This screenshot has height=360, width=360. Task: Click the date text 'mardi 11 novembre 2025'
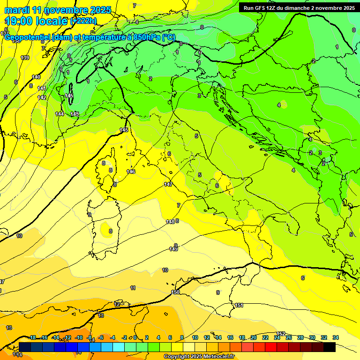(58, 10)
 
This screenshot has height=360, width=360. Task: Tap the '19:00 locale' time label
(37, 21)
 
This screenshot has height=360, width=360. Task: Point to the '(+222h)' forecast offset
(83, 21)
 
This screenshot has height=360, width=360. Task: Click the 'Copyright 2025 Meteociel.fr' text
(199, 356)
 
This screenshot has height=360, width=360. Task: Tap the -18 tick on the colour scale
(32, 337)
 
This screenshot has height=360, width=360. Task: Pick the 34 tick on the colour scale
(335, 337)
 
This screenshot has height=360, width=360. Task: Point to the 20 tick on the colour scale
(254, 337)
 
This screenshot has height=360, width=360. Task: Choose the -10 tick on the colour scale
(79, 337)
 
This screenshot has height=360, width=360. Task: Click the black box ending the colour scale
(330, 347)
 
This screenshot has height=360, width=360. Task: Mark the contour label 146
(131, 172)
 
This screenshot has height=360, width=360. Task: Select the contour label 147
(168, 184)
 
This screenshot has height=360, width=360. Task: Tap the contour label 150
(175, 292)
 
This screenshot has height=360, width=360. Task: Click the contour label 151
(239, 305)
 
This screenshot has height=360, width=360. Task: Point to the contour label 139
(25, 58)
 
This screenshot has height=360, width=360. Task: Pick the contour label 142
(42, 97)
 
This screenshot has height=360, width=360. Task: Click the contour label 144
(60, 114)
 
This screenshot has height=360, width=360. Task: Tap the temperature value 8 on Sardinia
(111, 231)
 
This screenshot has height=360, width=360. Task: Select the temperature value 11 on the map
(133, 288)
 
